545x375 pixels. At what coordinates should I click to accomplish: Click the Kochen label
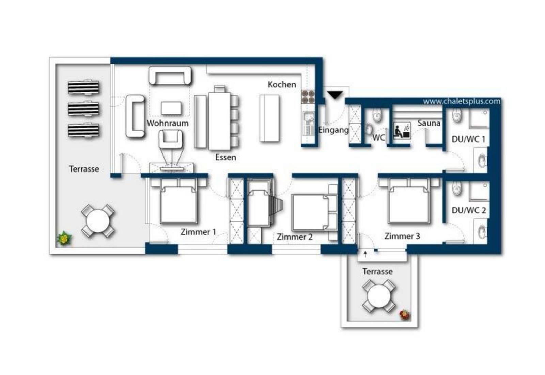[x=282, y=85]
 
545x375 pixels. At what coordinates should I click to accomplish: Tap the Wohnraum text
[x=168, y=123]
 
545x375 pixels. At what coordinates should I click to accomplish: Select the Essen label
[x=225, y=157]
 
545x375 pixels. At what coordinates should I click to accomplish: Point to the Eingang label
[x=333, y=130]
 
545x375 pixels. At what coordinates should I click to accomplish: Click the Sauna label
[x=429, y=123]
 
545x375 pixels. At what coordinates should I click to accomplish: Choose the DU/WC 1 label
[x=468, y=139]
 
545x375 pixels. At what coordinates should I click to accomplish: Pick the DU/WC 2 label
[x=469, y=210]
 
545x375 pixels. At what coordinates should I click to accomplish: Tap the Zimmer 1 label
[x=198, y=232]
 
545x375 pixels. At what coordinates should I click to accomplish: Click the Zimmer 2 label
[x=294, y=237]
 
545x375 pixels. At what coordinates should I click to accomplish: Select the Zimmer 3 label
[x=402, y=236]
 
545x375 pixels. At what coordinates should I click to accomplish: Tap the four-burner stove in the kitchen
[x=308, y=97]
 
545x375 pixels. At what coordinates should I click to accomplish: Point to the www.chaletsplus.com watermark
[x=462, y=101]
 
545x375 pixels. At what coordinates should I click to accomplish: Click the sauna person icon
[x=402, y=130]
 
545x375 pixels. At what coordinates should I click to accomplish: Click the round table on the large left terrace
[x=98, y=221]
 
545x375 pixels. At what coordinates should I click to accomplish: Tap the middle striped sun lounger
[x=83, y=109]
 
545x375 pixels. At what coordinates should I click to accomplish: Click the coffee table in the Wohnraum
[x=171, y=108]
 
